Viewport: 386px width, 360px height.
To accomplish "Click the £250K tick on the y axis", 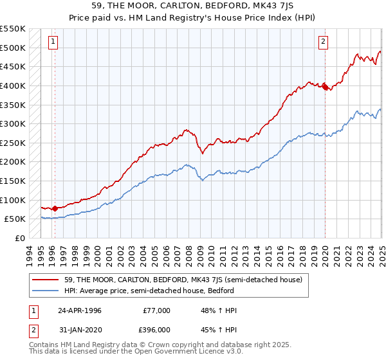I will click(x=13, y=143).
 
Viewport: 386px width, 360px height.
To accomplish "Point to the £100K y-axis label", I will click(x=13, y=200).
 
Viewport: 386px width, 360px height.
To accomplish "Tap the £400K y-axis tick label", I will click(x=13, y=85).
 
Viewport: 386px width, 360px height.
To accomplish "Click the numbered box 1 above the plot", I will click(x=52, y=42).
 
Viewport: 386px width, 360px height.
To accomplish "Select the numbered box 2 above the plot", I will click(x=323, y=42).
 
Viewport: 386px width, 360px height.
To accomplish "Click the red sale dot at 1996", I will click(x=55, y=208).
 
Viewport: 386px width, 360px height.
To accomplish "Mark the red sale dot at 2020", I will click(x=325, y=86).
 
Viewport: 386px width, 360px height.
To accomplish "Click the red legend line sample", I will click(x=46, y=280).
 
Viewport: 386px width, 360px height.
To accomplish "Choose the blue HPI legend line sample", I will click(x=46, y=291).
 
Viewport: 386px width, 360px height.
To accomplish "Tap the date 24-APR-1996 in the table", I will click(x=79, y=310).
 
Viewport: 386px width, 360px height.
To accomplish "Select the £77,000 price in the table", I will click(x=154, y=310).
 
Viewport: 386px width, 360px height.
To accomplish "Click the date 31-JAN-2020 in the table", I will click(x=79, y=330).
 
